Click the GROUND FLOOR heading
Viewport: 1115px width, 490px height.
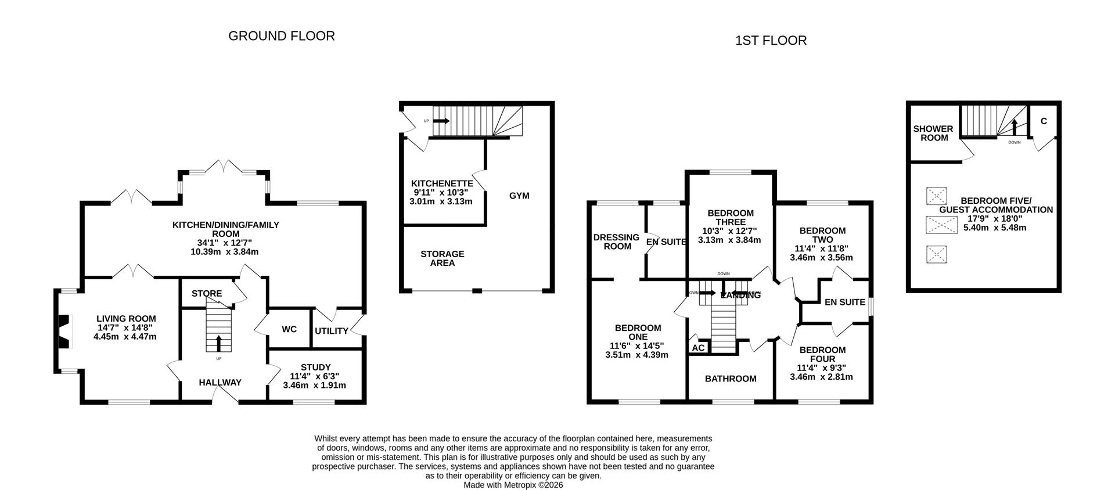point(281,36)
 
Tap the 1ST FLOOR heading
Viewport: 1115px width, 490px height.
point(771,41)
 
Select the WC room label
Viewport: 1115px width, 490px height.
point(289,329)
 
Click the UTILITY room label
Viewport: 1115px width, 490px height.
point(331,331)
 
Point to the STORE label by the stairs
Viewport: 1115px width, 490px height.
point(207,294)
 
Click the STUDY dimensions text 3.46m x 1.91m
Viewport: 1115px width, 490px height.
point(314,385)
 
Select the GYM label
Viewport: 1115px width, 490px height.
point(519,196)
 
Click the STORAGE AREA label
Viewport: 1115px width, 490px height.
point(443,258)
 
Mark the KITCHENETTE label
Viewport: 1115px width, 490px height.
point(442,183)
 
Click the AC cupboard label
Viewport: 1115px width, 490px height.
point(699,348)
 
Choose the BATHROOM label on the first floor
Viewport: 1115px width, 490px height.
point(731,379)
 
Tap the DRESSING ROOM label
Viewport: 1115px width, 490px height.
point(616,242)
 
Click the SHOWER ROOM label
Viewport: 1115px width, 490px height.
point(933,133)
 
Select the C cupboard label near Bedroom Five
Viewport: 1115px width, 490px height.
point(1044,121)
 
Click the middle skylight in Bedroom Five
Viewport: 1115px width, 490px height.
point(941,225)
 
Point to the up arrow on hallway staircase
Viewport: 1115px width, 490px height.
point(218,343)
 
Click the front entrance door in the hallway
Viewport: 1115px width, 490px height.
point(225,395)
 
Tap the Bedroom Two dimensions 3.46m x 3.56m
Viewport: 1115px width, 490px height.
point(821,257)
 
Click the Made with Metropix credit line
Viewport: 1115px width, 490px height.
point(513,485)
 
